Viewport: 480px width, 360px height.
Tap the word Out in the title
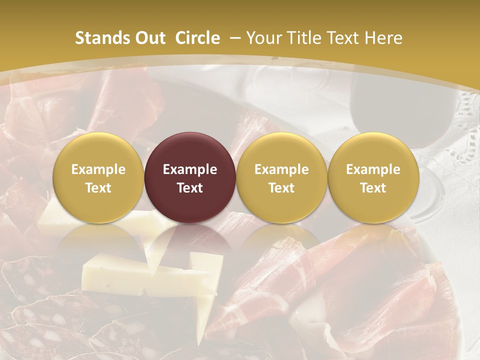149,38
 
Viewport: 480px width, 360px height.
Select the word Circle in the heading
197,38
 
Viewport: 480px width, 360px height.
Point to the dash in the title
236,38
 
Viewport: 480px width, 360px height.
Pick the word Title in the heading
303,38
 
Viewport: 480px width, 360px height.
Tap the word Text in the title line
343,38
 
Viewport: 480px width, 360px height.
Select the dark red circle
190,177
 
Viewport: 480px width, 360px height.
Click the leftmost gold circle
98,177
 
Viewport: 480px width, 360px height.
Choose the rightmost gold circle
373,177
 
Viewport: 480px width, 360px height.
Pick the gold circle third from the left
281,177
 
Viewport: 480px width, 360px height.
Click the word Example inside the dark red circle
190,169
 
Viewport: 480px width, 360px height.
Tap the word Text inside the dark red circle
190,188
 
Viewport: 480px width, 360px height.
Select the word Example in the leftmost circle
98,169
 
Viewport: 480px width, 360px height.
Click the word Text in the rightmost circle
373,188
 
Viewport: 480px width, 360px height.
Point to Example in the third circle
281,169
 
